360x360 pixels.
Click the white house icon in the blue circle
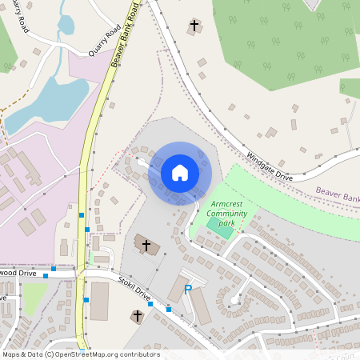179,173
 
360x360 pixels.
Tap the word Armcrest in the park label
227,205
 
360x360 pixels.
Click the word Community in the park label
227,214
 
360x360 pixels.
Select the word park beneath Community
227,223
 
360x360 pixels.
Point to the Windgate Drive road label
270,166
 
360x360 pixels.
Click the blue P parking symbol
188,290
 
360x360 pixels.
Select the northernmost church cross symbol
194,26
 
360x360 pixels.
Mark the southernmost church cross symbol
137,317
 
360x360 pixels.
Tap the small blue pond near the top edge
66,26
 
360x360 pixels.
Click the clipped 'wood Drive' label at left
18,273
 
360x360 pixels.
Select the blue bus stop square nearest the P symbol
169,309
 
